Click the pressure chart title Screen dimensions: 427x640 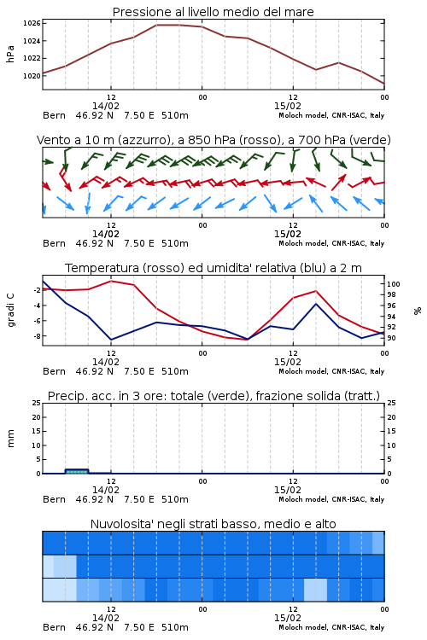pyautogui.click(x=213, y=12)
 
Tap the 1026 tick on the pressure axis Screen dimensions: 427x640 pyautogui.click(x=32, y=23)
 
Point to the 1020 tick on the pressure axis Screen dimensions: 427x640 pyautogui.click(x=32, y=76)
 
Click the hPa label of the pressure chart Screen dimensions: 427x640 pyautogui.click(x=10, y=54)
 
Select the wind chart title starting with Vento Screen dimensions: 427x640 pyautogui.click(x=213, y=140)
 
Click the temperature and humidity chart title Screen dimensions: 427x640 pyautogui.click(x=213, y=268)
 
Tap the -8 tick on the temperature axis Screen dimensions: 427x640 pyautogui.click(x=36, y=336)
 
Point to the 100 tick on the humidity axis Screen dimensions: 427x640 pyautogui.click(x=394, y=284)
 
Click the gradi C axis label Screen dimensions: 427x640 pyautogui.click(x=10, y=311)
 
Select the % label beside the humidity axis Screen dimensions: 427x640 pyautogui.click(x=418, y=311)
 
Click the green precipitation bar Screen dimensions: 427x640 pyautogui.click(x=77, y=471)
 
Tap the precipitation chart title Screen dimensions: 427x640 pyautogui.click(x=213, y=396)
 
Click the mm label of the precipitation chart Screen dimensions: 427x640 pyautogui.click(x=10, y=439)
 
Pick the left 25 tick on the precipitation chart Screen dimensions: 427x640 pyautogui.click(x=37, y=403)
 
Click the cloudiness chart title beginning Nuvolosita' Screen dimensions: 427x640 pyautogui.click(x=213, y=524)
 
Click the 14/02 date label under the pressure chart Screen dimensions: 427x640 pyautogui.click(x=105, y=106)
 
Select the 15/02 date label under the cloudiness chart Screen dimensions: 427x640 pyautogui.click(x=287, y=618)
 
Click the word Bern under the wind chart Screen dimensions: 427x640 pyautogui.click(x=54, y=243)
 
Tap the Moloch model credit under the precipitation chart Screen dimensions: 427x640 pyautogui.click(x=331, y=499)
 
